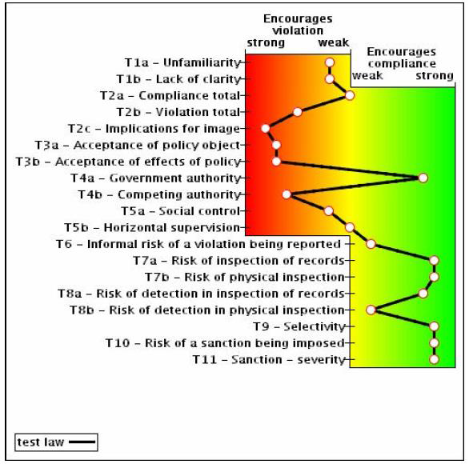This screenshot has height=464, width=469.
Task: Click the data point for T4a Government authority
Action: [x=423, y=178]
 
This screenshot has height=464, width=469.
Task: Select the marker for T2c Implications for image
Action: [x=265, y=129]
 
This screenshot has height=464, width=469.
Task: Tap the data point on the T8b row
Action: [x=371, y=310]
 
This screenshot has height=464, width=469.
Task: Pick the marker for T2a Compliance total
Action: [x=350, y=96]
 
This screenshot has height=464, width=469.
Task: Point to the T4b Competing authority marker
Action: [x=287, y=194]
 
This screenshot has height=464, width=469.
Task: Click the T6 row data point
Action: [x=371, y=244]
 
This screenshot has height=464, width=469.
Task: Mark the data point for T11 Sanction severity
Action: [x=434, y=359]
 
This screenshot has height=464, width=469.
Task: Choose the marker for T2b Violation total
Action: [x=297, y=112]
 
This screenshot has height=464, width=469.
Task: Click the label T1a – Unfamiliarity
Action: [x=182, y=62]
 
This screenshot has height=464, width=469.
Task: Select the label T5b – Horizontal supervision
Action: [x=152, y=228]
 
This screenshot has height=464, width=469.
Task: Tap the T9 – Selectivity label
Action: [x=299, y=326]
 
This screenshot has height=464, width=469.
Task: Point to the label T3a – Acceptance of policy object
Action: [x=138, y=146]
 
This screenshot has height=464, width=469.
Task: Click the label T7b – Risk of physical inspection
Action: [x=245, y=277]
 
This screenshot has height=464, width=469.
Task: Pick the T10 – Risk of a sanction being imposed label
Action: [x=225, y=343]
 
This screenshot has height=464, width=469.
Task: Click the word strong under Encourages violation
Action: [x=266, y=42]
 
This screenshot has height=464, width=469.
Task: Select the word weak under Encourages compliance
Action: [x=367, y=75]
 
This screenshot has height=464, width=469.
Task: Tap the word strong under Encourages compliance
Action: [x=435, y=76]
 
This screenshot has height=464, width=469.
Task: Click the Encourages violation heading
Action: [x=298, y=25]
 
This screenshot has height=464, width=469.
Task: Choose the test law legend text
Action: [x=41, y=442]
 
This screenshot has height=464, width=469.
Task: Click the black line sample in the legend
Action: [x=82, y=442]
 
